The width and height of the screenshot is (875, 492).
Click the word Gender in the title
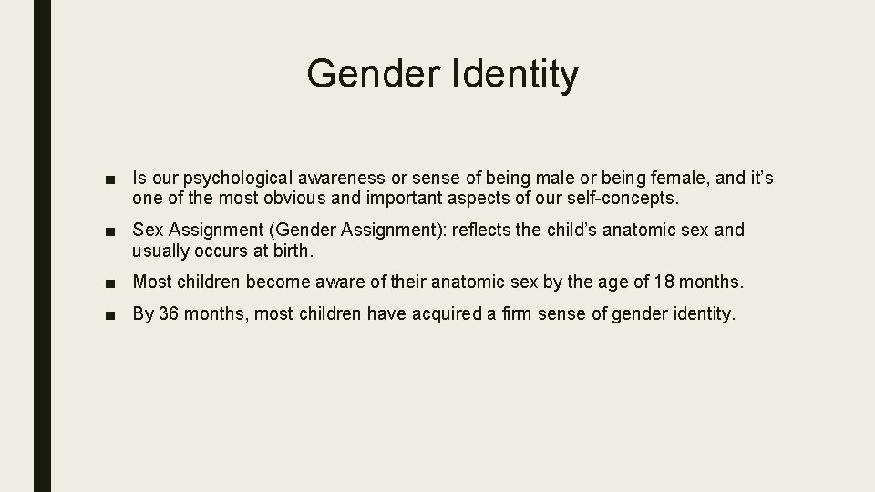point(374,73)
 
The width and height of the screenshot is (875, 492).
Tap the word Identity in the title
point(514,73)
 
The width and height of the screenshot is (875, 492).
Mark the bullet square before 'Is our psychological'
point(109,179)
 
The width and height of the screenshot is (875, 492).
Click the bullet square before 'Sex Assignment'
point(109,231)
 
